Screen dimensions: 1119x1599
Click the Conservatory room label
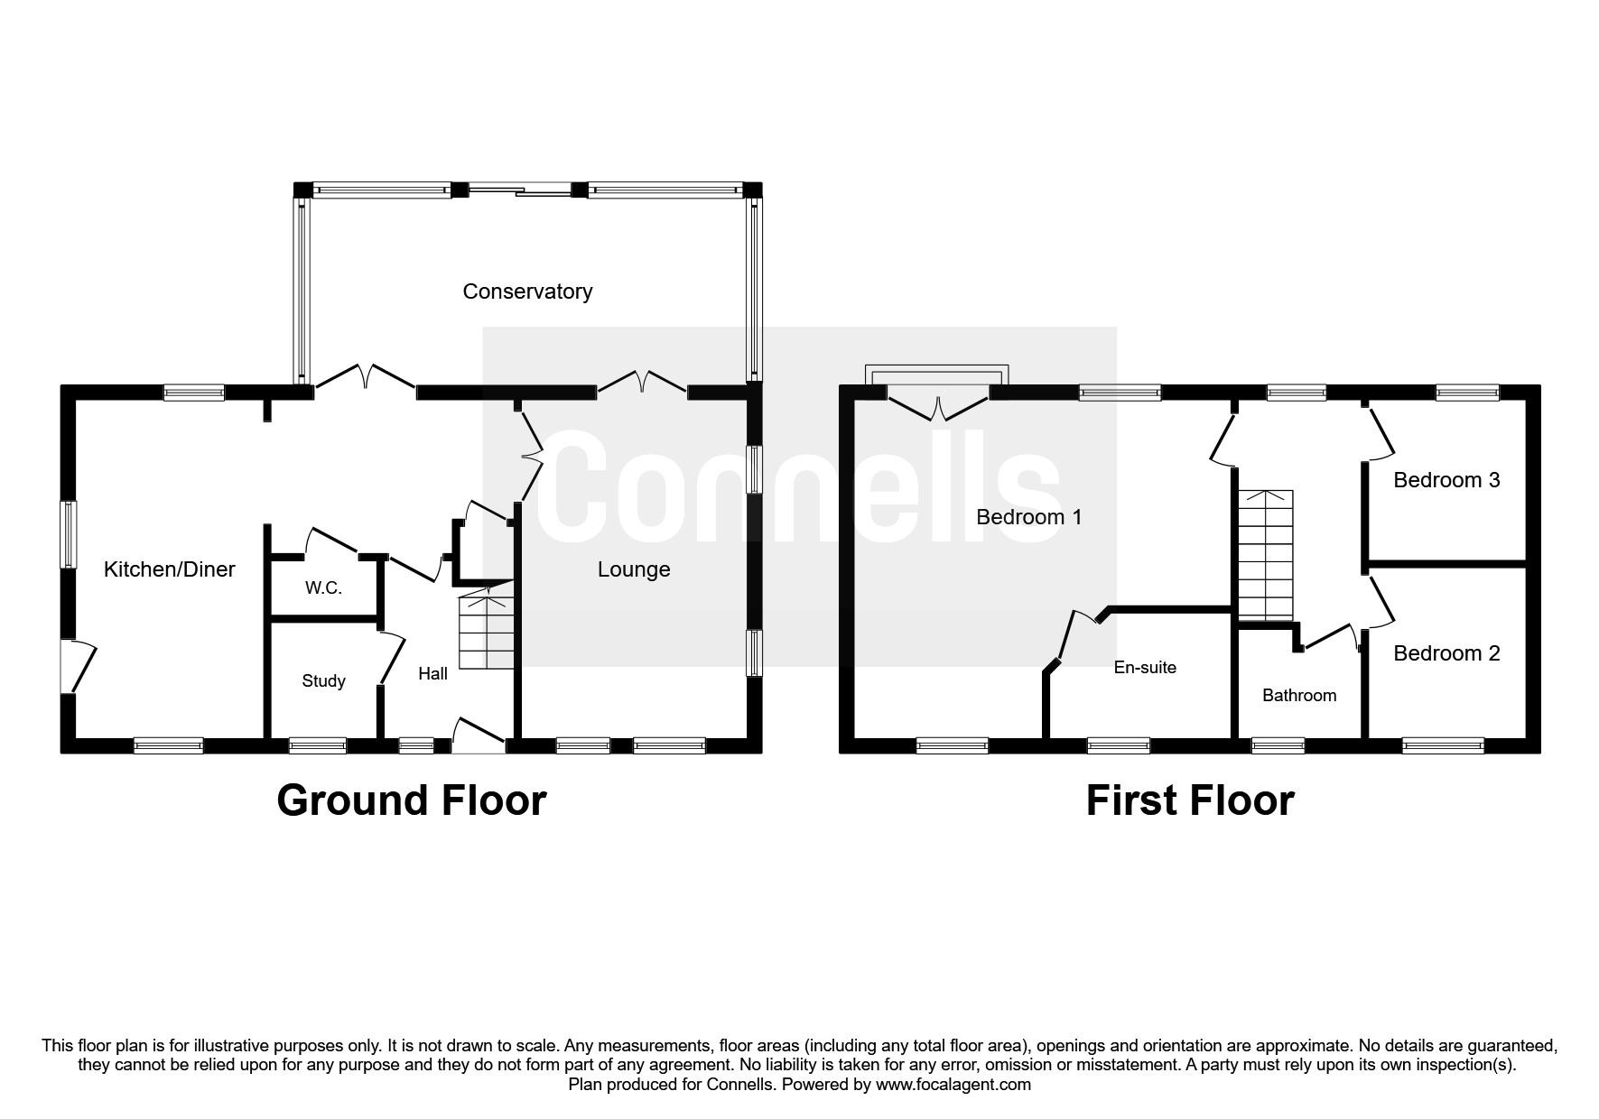527,291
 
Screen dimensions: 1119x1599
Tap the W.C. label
323,588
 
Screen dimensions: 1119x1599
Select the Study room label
323,681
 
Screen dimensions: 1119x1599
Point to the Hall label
432,674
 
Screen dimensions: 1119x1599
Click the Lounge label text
634,569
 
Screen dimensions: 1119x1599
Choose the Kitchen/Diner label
170,569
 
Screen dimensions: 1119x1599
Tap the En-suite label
1145,668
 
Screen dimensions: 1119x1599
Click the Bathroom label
1299,696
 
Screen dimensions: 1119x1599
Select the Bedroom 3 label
1446,480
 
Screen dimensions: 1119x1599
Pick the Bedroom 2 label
1446,653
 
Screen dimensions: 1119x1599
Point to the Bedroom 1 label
1029,517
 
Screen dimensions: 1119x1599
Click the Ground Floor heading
412,800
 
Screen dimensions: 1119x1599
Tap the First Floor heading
1190,800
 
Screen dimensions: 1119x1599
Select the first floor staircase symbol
1265,555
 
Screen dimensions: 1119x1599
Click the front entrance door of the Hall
479,735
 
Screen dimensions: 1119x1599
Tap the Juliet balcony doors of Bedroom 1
939,406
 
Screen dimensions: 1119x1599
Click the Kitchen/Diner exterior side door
79,666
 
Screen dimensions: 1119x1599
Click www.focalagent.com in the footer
953,1085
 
